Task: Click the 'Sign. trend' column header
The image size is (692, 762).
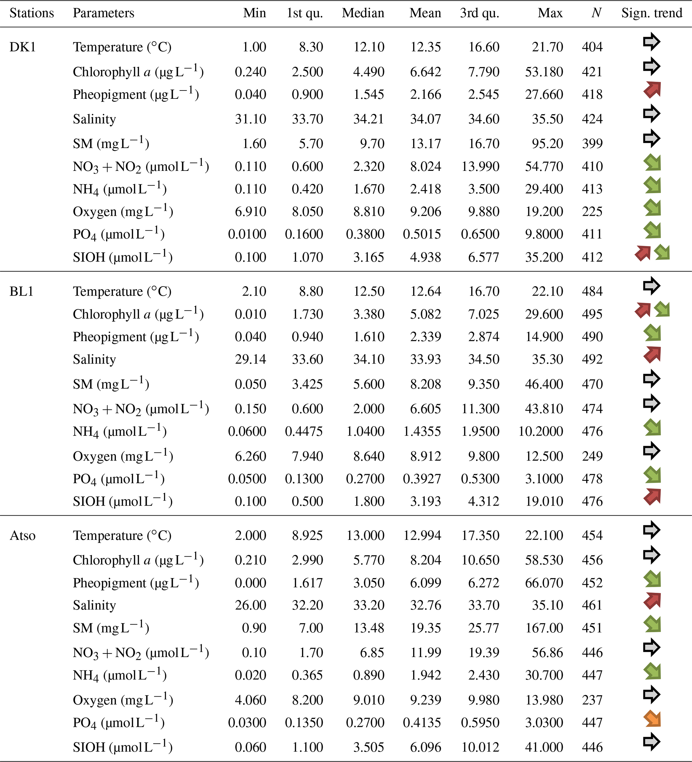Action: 651,13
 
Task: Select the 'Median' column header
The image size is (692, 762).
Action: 363,13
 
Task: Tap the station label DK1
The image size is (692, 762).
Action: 23,47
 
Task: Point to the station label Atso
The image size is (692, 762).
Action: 23,535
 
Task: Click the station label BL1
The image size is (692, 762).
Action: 21,292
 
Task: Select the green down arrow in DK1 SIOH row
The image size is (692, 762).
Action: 662,252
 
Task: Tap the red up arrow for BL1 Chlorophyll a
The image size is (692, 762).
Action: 642,310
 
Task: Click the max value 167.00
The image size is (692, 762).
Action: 544,628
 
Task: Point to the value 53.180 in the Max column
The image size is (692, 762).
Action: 544,72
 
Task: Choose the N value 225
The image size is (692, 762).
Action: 592,212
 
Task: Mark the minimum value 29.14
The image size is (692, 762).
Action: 250,360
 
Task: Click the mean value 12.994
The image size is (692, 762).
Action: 422,535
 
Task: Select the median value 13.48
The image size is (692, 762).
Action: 369,628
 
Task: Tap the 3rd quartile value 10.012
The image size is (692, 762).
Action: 480,747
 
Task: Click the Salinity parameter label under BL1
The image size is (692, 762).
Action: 94,360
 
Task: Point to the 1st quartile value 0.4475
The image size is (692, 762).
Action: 304,431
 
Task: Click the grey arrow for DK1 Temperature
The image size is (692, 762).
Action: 651,42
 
